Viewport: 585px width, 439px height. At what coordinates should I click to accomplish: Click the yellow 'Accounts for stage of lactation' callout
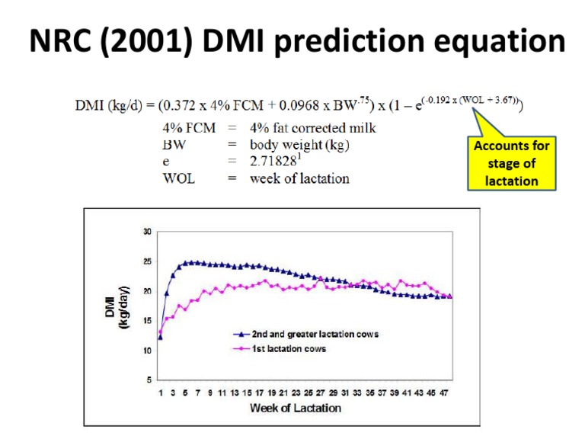[x=511, y=162]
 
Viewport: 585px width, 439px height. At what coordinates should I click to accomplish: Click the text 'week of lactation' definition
[x=299, y=178]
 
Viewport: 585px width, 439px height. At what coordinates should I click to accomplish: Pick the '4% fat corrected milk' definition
[x=312, y=128]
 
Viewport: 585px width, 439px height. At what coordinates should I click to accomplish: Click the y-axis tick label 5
[x=149, y=380]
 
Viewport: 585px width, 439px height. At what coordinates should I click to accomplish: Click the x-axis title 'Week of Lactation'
[x=296, y=408]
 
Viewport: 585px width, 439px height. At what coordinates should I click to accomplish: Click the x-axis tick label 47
[x=445, y=393]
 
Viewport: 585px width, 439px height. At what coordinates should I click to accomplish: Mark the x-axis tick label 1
[x=161, y=393]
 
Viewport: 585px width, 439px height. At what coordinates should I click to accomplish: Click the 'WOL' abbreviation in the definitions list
[x=179, y=178]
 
